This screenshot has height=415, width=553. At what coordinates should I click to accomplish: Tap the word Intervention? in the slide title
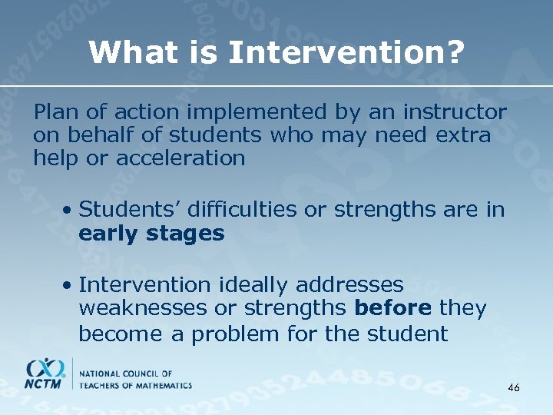[346, 53]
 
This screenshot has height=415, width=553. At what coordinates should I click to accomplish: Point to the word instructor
[454, 113]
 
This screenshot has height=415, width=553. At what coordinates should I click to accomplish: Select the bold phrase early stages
[151, 234]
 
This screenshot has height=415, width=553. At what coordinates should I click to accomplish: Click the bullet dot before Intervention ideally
[69, 285]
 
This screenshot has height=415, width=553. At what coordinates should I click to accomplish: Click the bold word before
[395, 309]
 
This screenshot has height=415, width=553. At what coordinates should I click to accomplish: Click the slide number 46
[514, 389]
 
